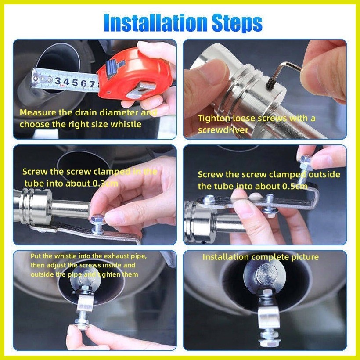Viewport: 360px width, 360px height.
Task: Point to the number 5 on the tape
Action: tap(73, 82)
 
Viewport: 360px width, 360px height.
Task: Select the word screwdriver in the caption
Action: tap(223, 130)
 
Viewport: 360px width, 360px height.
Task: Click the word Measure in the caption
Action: tap(37, 112)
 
